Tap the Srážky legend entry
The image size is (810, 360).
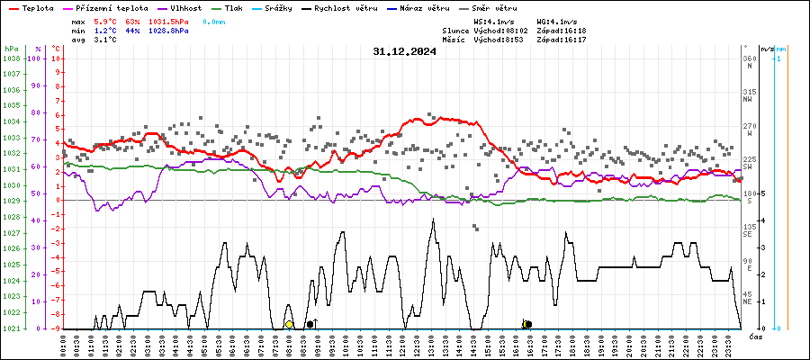pos(284,7)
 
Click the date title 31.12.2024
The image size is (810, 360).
pos(404,51)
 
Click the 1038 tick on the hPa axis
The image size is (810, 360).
pos(12,58)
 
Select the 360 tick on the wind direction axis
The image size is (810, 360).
pos(749,58)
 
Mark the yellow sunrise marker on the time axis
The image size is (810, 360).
pos(289,324)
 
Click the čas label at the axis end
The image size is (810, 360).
pos(756,336)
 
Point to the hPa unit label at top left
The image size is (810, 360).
pos(11,48)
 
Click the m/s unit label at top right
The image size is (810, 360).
pos(767,48)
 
